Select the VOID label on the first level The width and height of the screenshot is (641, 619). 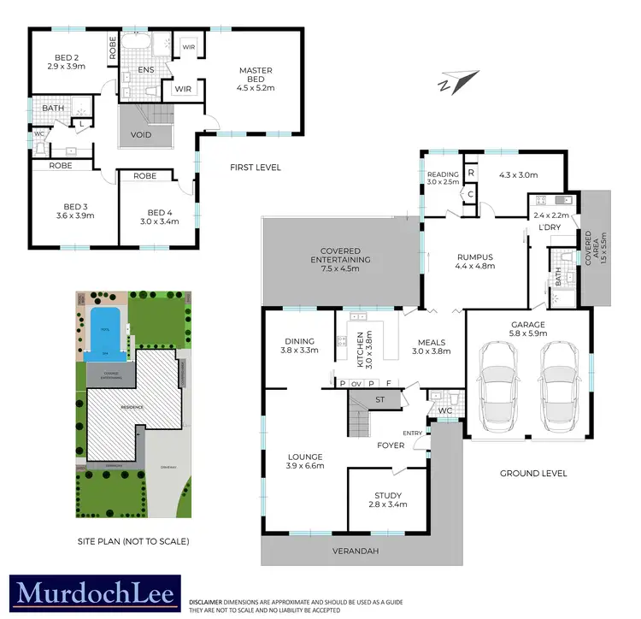[142, 135]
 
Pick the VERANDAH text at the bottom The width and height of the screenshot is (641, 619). [356, 551]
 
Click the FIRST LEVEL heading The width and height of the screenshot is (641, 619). [256, 168]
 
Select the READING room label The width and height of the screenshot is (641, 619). [443, 175]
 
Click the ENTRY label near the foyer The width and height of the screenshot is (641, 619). [412, 433]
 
